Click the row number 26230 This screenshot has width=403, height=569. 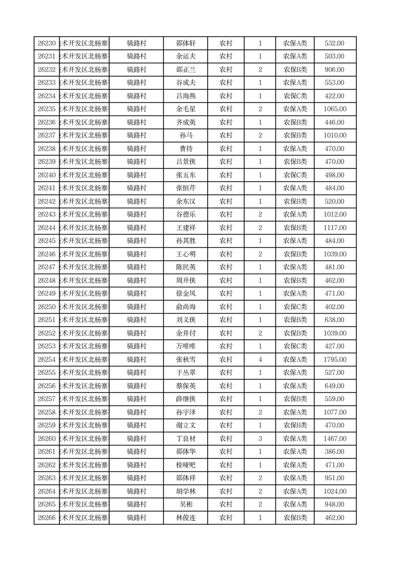click(47, 44)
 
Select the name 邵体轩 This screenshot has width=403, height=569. click(185, 44)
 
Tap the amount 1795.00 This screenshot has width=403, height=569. click(334, 360)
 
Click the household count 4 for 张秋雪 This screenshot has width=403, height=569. click(260, 360)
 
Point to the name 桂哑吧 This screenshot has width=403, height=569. click(185, 465)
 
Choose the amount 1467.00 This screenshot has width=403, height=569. click(334, 439)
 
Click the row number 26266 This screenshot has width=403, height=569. click(47, 518)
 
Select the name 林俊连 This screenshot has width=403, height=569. click(185, 518)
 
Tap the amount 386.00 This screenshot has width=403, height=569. click(334, 452)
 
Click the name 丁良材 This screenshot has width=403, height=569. click(185, 439)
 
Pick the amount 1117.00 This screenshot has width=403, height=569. click(334, 228)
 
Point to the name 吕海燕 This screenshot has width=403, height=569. click(185, 96)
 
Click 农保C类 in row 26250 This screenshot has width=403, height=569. click(295, 307)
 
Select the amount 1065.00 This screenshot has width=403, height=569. click(334, 109)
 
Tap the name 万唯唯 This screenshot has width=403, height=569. click(185, 346)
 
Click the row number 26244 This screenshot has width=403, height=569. click(47, 228)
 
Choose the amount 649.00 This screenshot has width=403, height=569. click(334, 386)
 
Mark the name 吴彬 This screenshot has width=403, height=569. click(185, 505)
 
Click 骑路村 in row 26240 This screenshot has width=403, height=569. click(137, 175)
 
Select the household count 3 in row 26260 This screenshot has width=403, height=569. click(260, 439)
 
